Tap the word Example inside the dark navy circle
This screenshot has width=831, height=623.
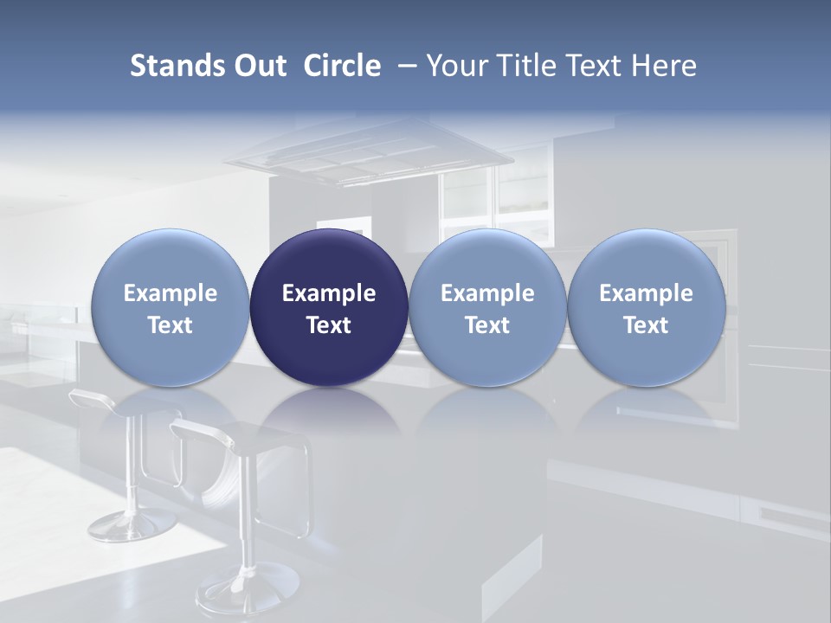(329, 293)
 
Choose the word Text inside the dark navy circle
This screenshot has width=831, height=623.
(329, 325)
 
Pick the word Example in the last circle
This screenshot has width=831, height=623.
(646, 293)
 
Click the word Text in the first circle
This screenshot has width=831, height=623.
(171, 325)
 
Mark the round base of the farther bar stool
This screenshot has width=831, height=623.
(121, 524)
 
